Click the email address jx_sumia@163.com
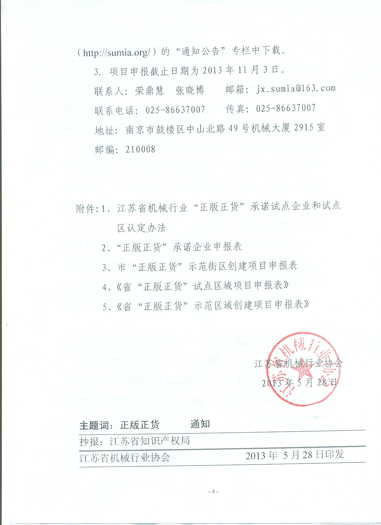296,88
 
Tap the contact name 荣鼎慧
149,90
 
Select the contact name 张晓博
190,90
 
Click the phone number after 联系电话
175,109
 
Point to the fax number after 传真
286,108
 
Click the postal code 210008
140,149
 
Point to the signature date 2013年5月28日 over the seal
299,383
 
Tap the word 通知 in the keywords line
200,424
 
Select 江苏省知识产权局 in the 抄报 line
150,441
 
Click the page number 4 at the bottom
213,491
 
